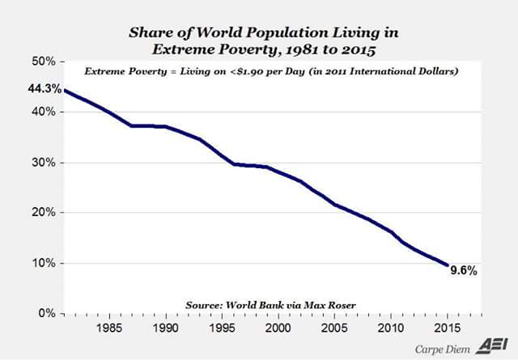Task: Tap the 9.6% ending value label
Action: click(463, 272)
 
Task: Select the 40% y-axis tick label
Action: click(44, 112)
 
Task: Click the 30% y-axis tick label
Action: click(44, 163)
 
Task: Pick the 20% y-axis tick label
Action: click(44, 213)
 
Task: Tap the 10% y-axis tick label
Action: click(44, 263)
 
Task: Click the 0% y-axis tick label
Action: click(46, 313)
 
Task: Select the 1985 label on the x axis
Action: click(108, 330)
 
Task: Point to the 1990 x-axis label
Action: click(165, 330)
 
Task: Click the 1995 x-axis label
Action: click(222, 330)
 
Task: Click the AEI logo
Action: click(495, 343)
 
